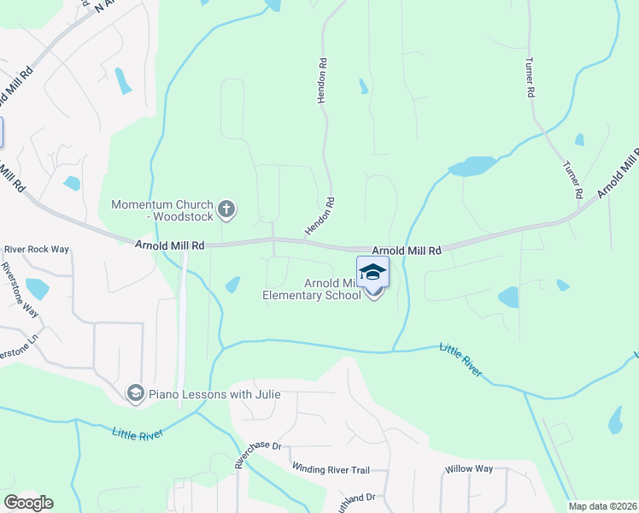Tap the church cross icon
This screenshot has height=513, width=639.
[x=227, y=208]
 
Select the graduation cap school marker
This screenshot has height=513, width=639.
[x=372, y=273]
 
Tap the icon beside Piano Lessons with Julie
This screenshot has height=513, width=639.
[x=135, y=393]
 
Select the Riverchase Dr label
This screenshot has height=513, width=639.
[x=258, y=456]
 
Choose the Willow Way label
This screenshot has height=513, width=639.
[x=469, y=469]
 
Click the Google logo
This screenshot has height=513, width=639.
[x=28, y=503]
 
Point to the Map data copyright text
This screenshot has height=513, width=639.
[x=603, y=506]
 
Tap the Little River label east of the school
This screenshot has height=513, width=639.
[x=461, y=359]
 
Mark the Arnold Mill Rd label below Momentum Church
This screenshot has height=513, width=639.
[x=170, y=245]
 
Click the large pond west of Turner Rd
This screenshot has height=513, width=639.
[x=472, y=166]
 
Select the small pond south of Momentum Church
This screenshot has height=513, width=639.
[x=232, y=285]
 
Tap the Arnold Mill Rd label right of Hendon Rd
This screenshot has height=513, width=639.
[x=406, y=251]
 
